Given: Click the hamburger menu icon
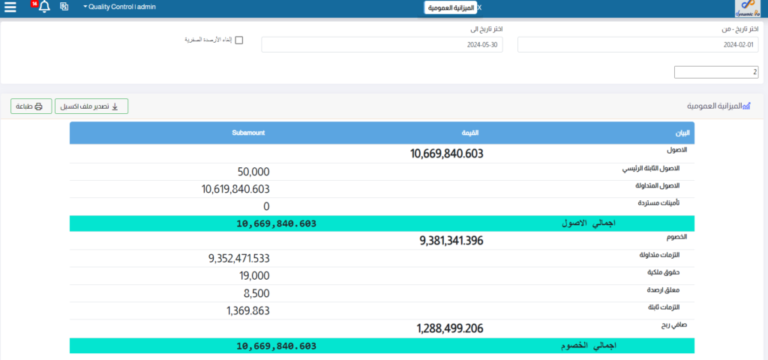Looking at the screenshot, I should click(x=10, y=7).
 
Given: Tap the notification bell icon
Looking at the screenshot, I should click(x=44, y=7).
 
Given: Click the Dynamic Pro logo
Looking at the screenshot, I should click(x=749, y=8).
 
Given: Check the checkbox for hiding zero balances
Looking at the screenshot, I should click(x=239, y=40).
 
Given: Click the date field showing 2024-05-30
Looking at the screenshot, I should click(x=382, y=45).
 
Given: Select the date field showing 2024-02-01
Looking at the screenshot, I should click(x=638, y=45).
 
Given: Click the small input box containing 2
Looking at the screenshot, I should click(x=716, y=72).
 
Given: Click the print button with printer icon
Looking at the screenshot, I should click(x=31, y=106).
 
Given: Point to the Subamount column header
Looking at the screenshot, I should click(x=248, y=133).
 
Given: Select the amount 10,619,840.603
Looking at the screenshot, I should click(x=235, y=189).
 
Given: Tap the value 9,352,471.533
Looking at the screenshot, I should click(x=238, y=259).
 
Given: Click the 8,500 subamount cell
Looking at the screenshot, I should click(x=256, y=293).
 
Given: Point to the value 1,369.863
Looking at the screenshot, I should click(x=247, y=310).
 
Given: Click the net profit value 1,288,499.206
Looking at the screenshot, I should click(x=450, y=328).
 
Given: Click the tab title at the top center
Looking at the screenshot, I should click(x=450, y=7).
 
